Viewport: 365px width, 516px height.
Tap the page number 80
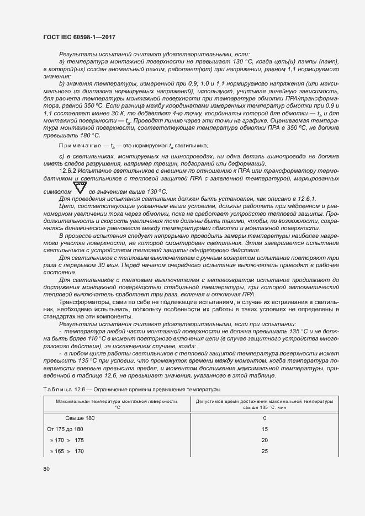46,469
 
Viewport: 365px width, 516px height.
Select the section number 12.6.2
70,171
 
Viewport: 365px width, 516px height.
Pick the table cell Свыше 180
80,418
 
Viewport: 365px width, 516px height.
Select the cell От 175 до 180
66,429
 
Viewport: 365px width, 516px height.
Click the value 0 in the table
265,418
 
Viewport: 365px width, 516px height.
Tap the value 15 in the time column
265,429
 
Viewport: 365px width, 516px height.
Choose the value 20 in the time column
265,440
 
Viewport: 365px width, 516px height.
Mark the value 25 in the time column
265,451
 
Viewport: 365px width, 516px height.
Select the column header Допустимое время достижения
265,401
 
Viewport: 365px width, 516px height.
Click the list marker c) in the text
62,156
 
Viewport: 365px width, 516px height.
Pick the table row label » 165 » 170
66,451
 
